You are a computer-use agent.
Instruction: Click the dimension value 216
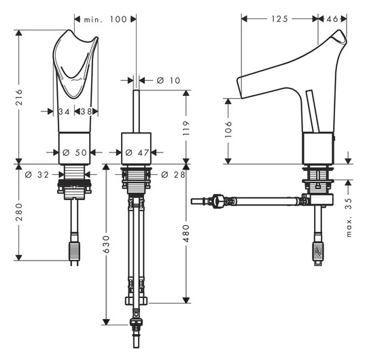(20, 93)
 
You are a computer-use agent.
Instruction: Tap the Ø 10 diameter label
(168, 80)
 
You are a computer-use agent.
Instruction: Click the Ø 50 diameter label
(75, 152)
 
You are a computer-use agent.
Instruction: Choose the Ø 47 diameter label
(137, 152)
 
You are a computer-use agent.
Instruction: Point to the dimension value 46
(332, 19)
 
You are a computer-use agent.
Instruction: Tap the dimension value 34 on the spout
(64, 111)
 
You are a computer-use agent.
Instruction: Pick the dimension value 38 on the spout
(87, 111)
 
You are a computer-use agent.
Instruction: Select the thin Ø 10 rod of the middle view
(137, 109)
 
